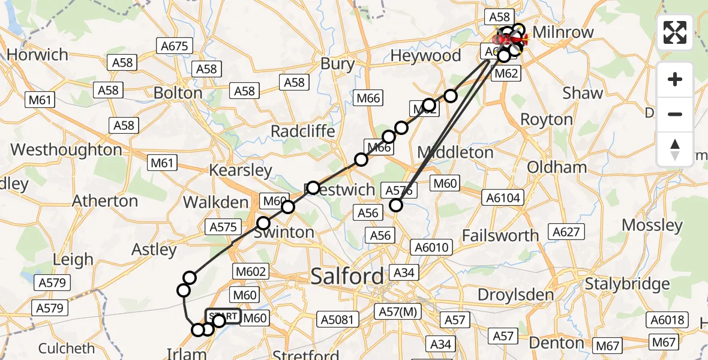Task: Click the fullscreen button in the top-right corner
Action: click(x=675, y=32)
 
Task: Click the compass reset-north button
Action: click(x=675, y=149)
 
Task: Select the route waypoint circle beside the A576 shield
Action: click(x=396, y=205)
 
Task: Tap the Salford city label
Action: click(x=347, y=277)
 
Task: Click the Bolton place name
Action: click(x=178, y=93)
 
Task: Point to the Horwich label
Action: click(x=37, y=55)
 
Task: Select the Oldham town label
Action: click(x=557, y=167)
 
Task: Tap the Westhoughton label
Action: click(x=66, y=150)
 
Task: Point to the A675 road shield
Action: click(x=175, y=46)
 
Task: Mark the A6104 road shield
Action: click(x=504, y=197)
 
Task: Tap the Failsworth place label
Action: click(x=501, y=236)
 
